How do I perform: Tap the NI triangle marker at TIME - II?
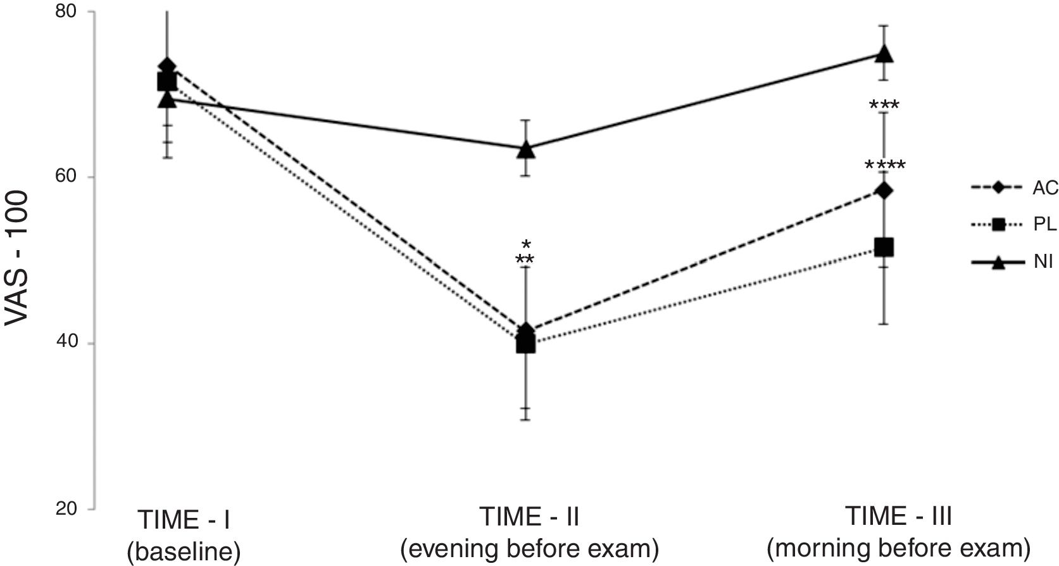click(x=525, y=149)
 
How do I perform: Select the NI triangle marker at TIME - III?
click(x=884, y=54)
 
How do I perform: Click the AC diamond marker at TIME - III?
click(x=884, y=190)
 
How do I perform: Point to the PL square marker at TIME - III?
click(x=884, y=247)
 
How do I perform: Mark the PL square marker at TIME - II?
click(x=525, y=344)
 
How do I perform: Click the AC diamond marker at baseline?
click(x=167, y=66)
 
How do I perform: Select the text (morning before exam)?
click(x=899, y=548)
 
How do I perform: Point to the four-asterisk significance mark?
click(x=885, y=167)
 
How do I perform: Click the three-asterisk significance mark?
click(x=884, y=105)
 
